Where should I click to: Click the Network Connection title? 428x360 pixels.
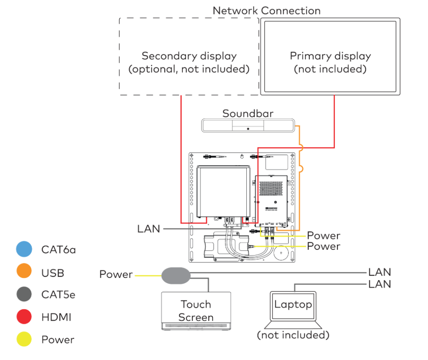click(x=266, y=10)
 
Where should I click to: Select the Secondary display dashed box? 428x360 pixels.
click(x=189, y=57)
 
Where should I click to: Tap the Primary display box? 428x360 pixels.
click(x=330, y=57)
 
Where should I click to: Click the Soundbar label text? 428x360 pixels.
click(x=248, y=113)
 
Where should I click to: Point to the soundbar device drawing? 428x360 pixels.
click(x=247, y=126)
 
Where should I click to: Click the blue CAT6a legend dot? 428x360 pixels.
click(x=24, y=249)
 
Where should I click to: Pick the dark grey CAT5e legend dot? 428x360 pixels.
click(x=24, y=294)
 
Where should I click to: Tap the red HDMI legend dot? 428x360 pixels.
click(x=24, y=317)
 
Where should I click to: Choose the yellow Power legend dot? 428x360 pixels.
click(x=24, y=340)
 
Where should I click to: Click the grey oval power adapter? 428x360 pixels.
click(x=175, y=275)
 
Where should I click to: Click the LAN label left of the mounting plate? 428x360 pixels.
click(x=148, y=229)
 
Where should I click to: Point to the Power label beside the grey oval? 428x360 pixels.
click(x=116, y=274)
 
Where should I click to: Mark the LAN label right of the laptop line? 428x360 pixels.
click(x=379, y=284)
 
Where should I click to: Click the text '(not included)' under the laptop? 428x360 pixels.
click(x=293, y=335)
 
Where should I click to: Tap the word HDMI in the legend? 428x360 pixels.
click(x=56, y=317)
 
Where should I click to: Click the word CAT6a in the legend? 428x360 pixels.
click(x=58, y=249)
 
